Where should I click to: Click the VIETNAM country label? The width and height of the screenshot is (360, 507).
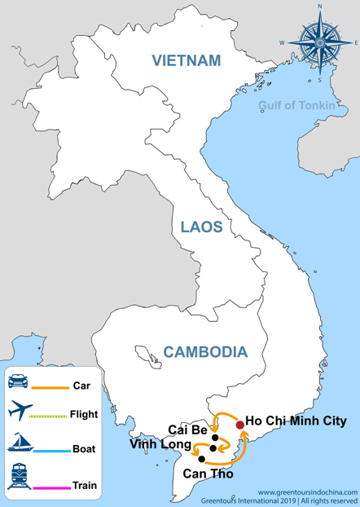point(186,60)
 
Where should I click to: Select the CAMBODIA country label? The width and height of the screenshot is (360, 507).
point(204,352)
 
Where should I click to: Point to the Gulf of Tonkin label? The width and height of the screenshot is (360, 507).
point(296,104)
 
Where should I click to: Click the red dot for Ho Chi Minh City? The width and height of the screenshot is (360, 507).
point(239,425)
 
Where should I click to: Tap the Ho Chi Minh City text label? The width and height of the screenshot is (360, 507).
point(296,421)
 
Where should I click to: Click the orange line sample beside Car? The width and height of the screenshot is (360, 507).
point(50,387)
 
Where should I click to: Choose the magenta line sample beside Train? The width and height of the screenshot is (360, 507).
point(50,489)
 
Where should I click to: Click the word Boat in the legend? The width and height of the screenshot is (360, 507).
point(85,447)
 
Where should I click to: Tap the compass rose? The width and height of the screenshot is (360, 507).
point(319,40)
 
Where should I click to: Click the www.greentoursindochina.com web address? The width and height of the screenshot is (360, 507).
point(307,492)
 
